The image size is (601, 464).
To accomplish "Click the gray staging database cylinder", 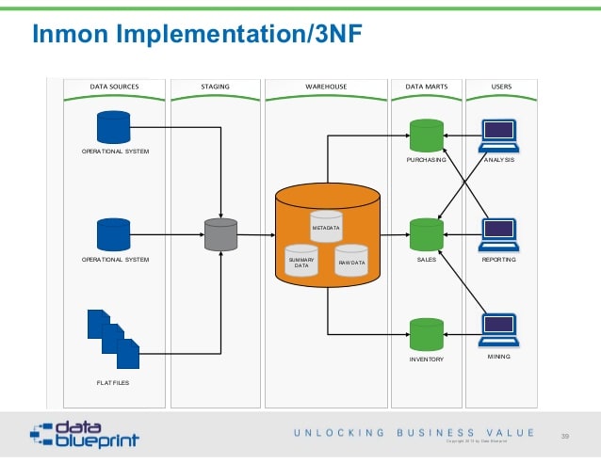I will pos(220,234).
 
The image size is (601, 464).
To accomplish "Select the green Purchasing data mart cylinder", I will pos(426,135).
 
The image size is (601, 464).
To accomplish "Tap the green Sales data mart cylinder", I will pos(426,234).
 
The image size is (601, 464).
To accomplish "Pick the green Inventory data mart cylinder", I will pos(426,334).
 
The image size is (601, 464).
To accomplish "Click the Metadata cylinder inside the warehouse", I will pos(326,226).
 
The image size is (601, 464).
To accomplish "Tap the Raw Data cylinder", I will pos(350,260).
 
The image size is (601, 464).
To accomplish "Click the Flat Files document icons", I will pos(113,338).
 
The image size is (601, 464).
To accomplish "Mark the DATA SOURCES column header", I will pos(114,87).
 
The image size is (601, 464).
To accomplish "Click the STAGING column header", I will pos(215,87).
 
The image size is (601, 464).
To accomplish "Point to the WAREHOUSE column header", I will pos(326,87).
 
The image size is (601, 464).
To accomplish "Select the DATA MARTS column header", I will pos(426,87).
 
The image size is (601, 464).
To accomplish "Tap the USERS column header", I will pos(501,87).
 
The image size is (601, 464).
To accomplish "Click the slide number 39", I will pos(565,436).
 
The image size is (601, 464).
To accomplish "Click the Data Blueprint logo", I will pos(84,434).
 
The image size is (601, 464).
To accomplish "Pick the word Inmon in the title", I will pos(67,35).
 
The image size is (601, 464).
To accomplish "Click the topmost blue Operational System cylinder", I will pos(114,126).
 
